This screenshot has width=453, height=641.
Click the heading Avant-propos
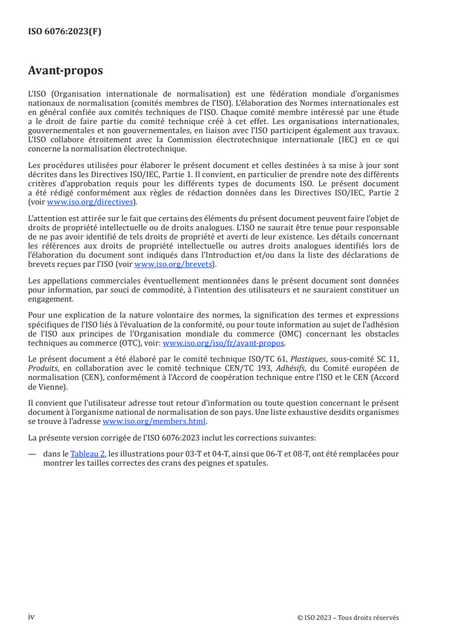65,71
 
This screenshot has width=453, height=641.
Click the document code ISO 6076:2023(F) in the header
65,32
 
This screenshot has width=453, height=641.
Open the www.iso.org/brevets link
172,265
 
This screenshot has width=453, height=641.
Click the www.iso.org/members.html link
154,422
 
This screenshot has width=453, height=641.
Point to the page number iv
31,617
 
